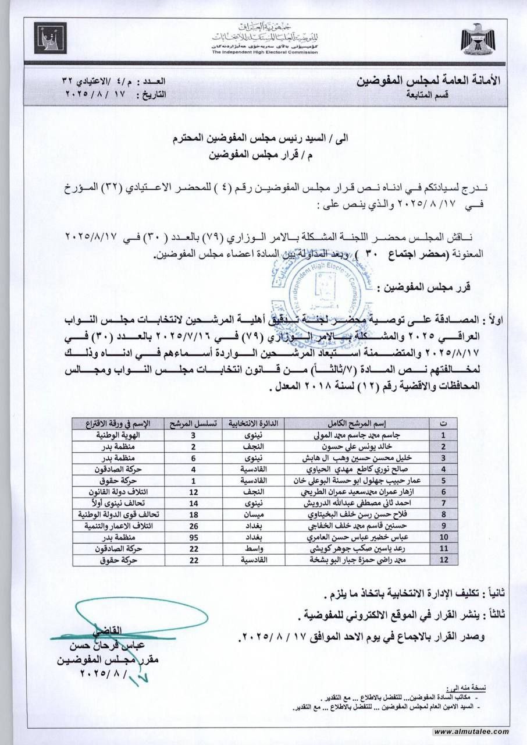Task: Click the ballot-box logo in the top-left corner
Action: click(51, 38)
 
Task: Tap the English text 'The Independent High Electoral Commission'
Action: click(265, 52)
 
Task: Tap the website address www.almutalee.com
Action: click(471, 732)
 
